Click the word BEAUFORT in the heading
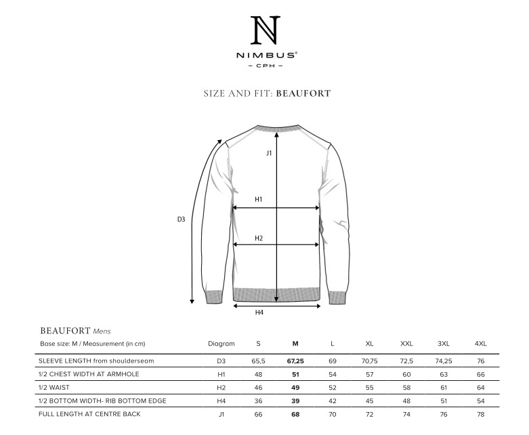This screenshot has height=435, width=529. (303, 93)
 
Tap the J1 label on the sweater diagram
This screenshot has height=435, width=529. (269, 154)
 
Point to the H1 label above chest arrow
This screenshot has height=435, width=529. (259, 200)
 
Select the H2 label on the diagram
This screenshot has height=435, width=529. (259, 238)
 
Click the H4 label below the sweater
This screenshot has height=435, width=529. (259, 313)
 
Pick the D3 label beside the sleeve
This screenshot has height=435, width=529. (181, 219)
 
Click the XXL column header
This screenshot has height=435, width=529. (406, 344)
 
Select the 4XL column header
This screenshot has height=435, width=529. (481, 344)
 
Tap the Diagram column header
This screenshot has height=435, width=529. (221, 344)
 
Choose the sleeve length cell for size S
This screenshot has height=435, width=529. (258, 361)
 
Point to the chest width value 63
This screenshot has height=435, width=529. (444, 374)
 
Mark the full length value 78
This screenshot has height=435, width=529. (481, 414)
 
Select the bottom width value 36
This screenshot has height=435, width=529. (258, 400)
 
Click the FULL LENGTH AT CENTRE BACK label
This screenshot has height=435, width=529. (89, 414)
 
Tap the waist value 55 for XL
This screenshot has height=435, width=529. (369, 388)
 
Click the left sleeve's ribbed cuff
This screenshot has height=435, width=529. (214, 296)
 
